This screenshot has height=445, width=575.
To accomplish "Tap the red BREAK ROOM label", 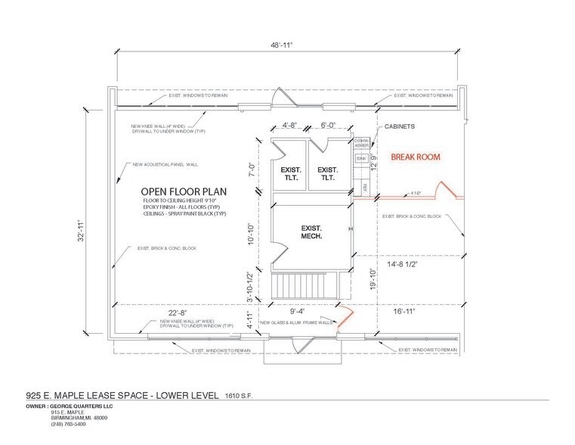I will (415, 157).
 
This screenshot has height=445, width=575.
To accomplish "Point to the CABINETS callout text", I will (400, 127).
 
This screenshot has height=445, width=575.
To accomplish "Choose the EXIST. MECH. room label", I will (311, 232).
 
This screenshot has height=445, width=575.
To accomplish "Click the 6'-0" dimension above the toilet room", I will (329, 126).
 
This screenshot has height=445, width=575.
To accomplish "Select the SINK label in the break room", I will (361, 157).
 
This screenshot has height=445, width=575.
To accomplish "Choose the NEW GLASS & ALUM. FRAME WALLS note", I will (296, 322).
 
